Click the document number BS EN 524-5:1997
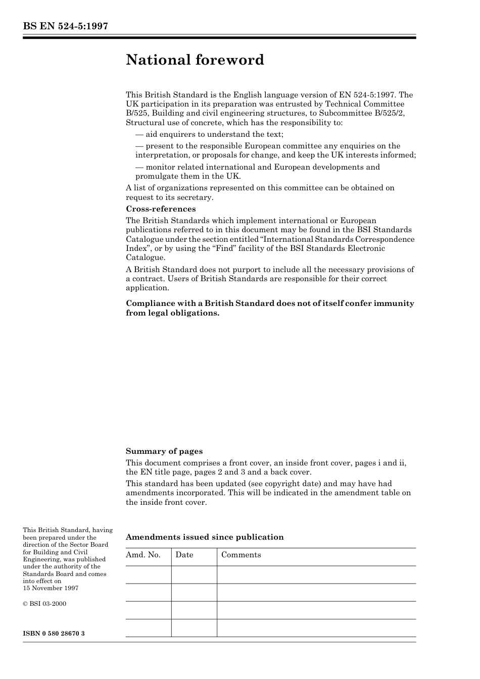click(x=65, y=26)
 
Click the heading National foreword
click(x=195, y=60)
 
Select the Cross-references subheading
click(x=161, y=209)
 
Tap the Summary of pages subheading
click(x=164, y=451)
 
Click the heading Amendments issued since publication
click(x=205, y=537)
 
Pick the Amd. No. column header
click(x=143, y=555)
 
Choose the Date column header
click(x=184, y=555)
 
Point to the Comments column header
click(x=241, y=555)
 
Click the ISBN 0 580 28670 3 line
click(x=54, y=633)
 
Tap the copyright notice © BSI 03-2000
click(x=44, y=604)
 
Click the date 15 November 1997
click(x=51, y=588)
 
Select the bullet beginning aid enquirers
click(x=209, y=134)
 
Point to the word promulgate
click(x=156, y=176)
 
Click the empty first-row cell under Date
click(x=194, y=574)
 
